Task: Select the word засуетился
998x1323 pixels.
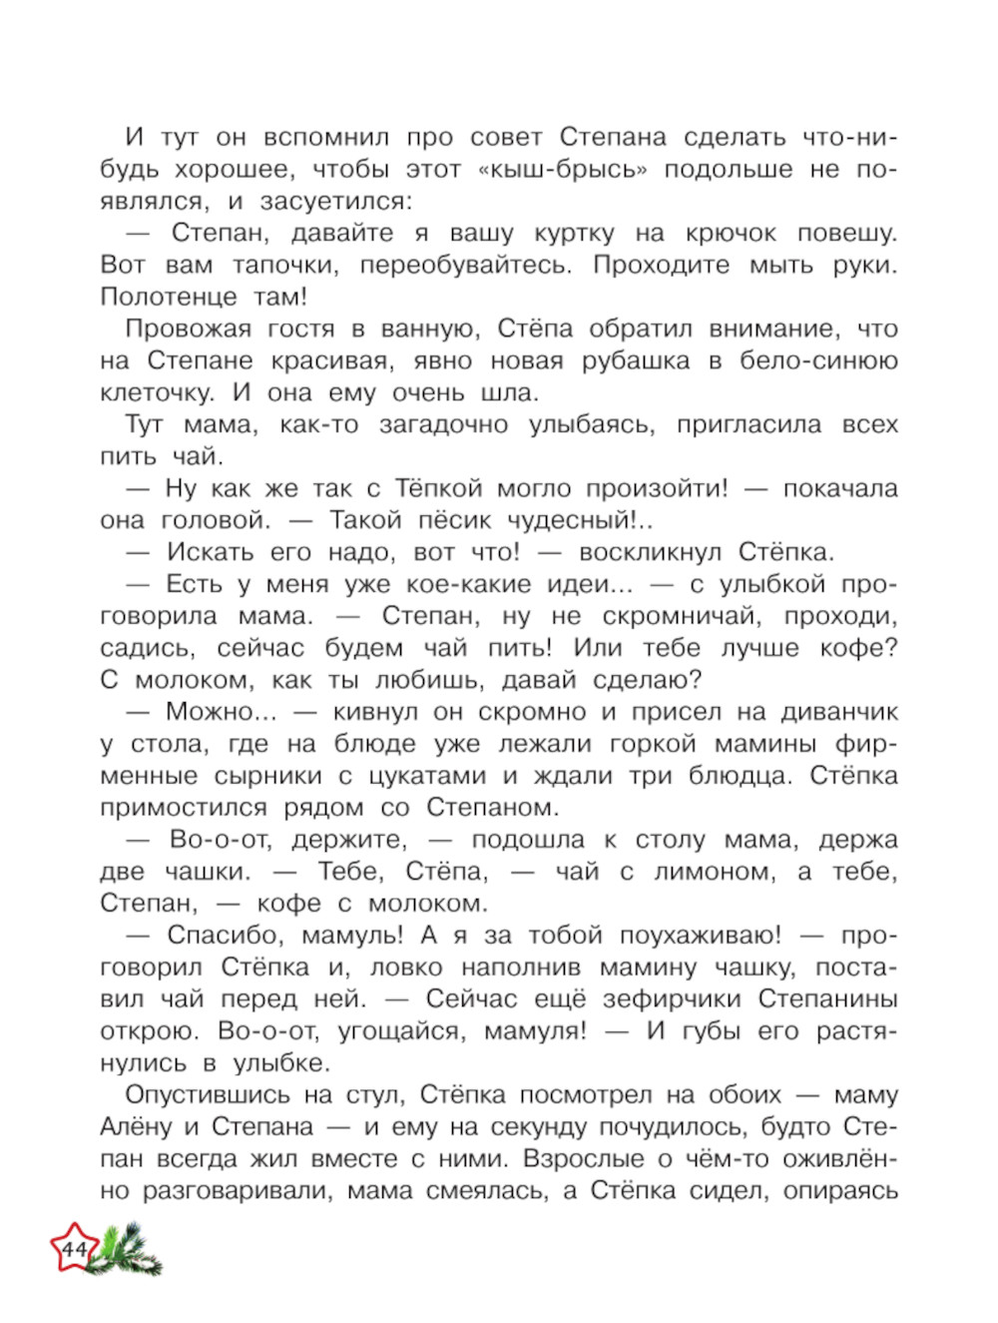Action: point(335,202)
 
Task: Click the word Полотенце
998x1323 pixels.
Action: point(169,298)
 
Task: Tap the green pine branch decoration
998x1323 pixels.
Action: point(130,1252)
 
